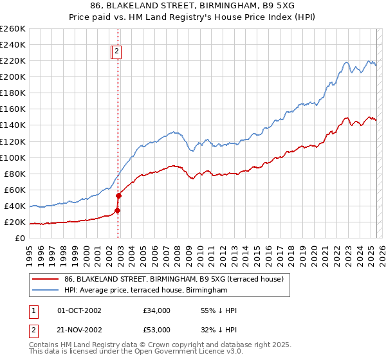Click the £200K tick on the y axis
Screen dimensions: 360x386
point(12,76)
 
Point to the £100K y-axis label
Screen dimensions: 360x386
point(12,157)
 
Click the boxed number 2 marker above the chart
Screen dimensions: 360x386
point(117,53)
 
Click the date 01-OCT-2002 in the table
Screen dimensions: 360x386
point(79,310)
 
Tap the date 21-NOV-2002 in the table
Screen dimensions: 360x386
point(79,330)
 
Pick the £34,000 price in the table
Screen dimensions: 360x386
point(156,310)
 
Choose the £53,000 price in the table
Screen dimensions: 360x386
point(156,330)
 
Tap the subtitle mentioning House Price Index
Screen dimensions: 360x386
point(193,17)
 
